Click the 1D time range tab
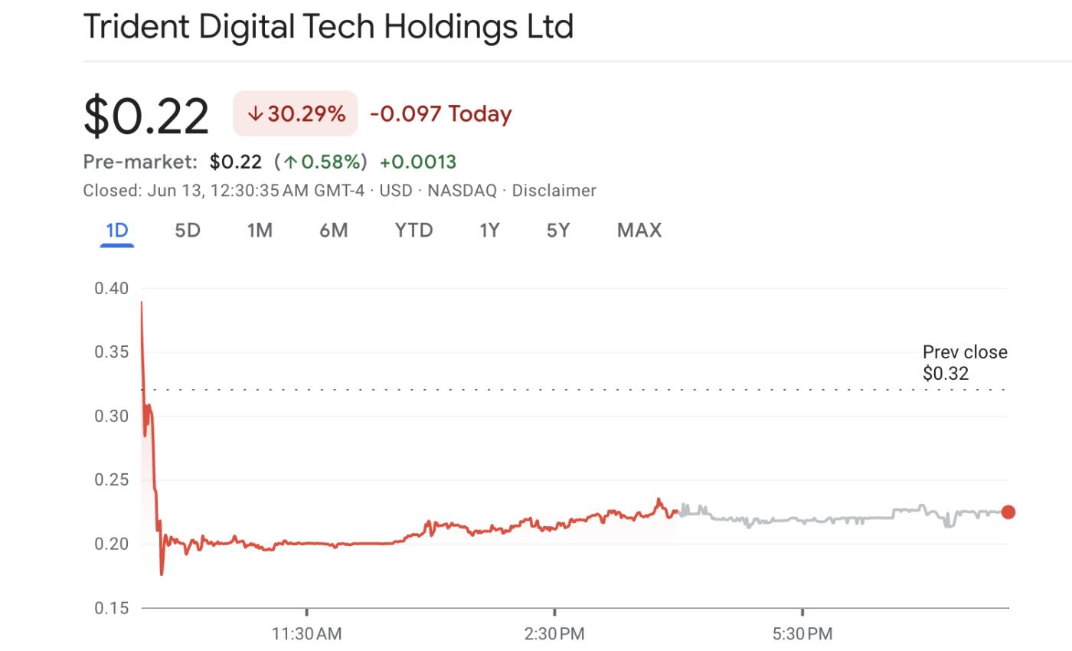click(116, 231)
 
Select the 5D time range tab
click(188, 231)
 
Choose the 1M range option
click(260, 231)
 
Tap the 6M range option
click(333, 231)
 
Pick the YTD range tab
click(413, 231)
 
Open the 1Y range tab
click(489, 231)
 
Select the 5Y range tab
click(558, 231)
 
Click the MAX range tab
click(639, 231)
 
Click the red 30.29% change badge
click(296, 114)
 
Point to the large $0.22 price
click(145, 116)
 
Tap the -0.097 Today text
click(440, 114)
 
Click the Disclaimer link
click(554, 191)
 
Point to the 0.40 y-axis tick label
click(111, 289)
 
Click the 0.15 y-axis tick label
click(111, 608)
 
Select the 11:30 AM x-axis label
click(306, 634)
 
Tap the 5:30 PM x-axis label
click(802, 634)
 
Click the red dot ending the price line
click(1008, 512)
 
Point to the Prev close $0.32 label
click(964, 363)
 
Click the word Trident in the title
click(135, 27)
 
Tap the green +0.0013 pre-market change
click(418, 162)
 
